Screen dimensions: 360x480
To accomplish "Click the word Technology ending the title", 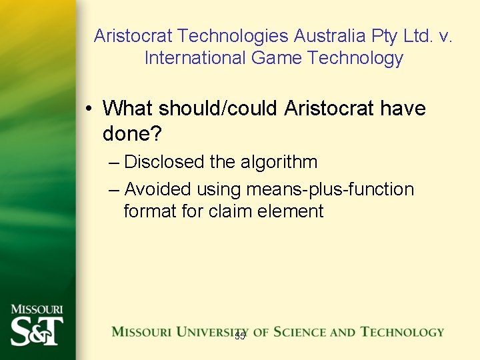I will point(355,58).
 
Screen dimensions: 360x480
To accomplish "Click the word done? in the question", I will point(132,133).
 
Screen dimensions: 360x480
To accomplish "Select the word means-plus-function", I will point(330,189).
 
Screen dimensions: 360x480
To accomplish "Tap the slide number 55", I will point(240,336).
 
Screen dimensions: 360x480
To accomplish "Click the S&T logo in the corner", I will point(37,331).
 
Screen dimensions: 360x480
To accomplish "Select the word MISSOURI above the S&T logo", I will point(37,309).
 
